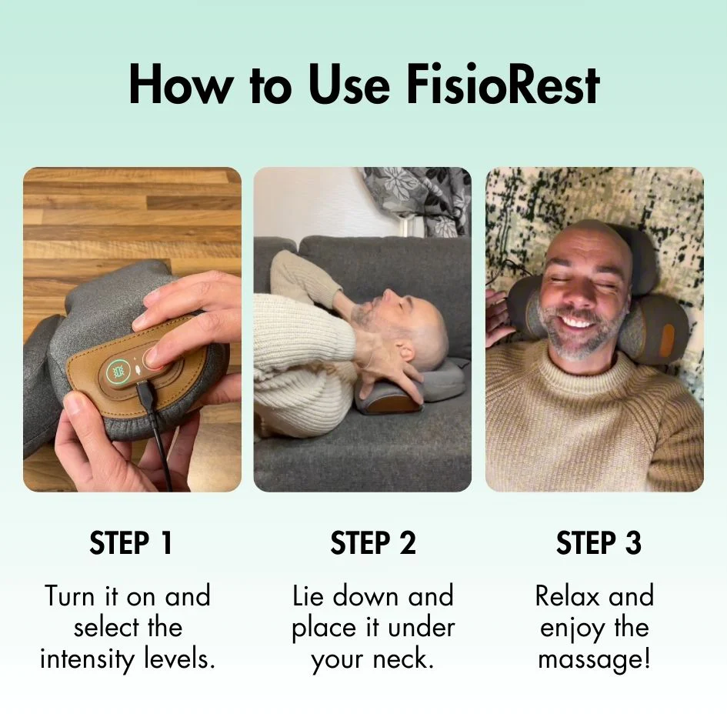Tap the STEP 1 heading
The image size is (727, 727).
[x=132, y=543]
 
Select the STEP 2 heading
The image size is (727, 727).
[x=373, y=543]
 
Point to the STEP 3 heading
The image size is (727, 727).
[x=599, y=543]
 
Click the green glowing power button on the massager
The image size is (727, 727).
[x=118, y=372]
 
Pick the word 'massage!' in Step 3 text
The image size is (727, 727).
[x=594, y=659]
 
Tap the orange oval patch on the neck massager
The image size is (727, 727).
[x=667, y=341]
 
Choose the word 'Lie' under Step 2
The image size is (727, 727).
[x=309, y=595]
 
